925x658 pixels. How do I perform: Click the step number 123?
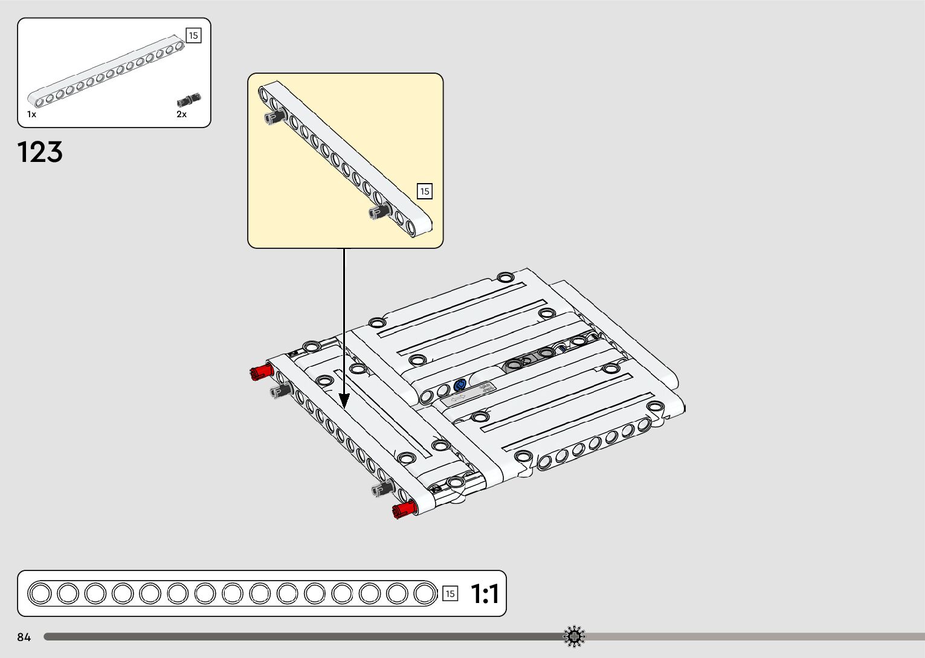40,152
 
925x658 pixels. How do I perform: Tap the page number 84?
24,637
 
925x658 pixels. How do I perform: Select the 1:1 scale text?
485,594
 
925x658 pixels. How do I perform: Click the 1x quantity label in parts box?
31,114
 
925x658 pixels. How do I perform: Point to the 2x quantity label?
181,114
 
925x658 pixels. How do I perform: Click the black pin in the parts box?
189,100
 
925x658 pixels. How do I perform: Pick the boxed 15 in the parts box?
193,36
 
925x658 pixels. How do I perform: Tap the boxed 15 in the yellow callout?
425,191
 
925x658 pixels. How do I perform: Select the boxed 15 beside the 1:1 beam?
450,594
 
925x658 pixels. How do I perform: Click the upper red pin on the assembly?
262,372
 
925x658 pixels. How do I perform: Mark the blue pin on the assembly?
460,385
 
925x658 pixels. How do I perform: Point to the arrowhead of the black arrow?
344,401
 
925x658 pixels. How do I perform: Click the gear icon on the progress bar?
574,636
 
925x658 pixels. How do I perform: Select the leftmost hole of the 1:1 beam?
40,593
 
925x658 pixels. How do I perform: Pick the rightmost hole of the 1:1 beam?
425,593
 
